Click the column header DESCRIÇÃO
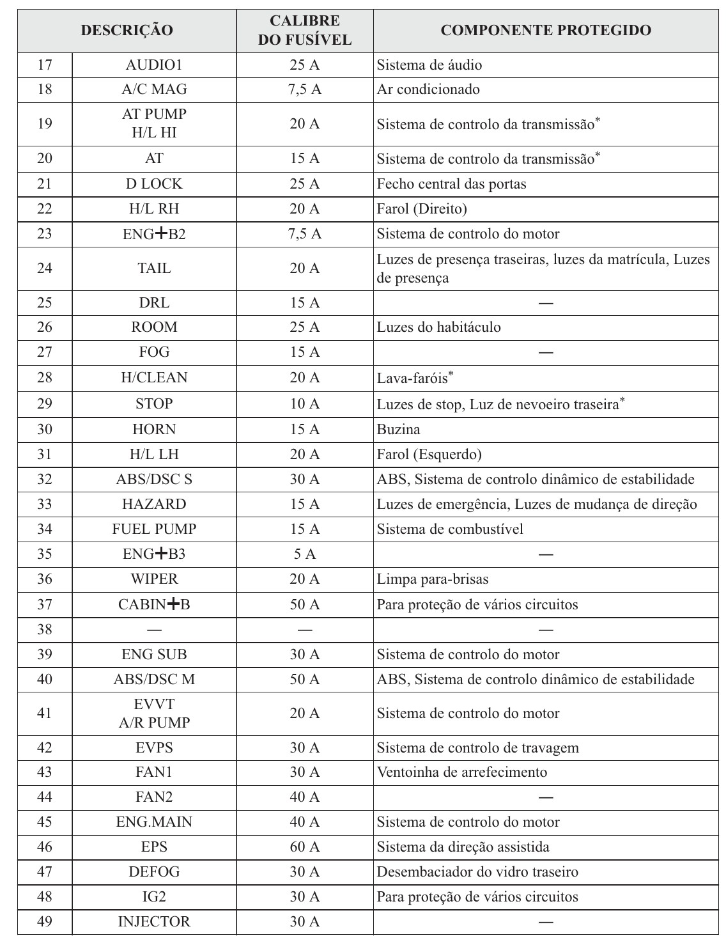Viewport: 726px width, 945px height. pos(127,30)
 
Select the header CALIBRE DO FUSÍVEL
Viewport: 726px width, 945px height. pos(304,30)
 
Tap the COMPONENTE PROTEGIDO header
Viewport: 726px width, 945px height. pos(546,30)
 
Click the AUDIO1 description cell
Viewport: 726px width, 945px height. pos(154,65)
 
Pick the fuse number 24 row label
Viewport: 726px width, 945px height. pos(45,268)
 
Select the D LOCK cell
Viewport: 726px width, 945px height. pos(154,184)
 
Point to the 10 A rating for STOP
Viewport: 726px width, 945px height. pos(304,403)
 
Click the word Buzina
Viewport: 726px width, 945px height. pos(398,429)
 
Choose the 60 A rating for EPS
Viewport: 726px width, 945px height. pos(304,847)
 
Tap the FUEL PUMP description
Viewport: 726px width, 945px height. pos(154,529)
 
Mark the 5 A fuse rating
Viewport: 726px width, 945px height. pos(304,554)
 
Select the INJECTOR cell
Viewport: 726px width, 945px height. pos(154,921)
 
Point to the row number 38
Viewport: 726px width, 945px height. pos(45,629)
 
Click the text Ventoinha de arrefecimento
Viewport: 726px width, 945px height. pos(461,772)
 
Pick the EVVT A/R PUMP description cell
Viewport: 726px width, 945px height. pos(154,713)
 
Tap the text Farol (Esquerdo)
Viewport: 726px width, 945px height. pos(429,454)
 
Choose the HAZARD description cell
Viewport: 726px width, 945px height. pos(154,504)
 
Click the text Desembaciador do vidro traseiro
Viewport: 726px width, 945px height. pos(477,871)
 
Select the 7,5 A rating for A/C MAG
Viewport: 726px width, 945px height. pos(304,90)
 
